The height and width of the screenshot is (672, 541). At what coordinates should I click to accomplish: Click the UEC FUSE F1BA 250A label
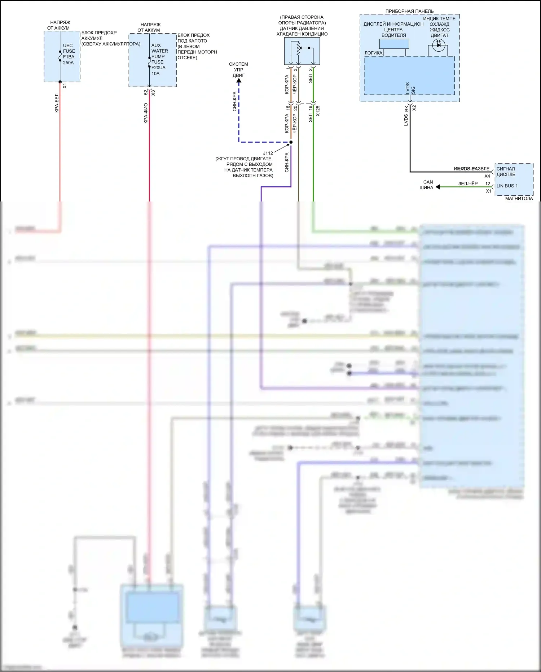point(69,54)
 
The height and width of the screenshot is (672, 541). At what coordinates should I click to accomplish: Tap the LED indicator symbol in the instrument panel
point(439,45)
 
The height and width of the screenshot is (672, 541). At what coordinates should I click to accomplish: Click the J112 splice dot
point(291,142)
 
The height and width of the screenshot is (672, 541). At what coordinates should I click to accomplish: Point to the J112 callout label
point(268,153)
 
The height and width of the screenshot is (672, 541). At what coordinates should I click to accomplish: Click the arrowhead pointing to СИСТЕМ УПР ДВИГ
point(239,81)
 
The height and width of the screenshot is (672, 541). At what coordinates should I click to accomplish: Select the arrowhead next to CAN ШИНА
point(438,187)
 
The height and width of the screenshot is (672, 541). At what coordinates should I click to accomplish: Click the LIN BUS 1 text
point(507,186)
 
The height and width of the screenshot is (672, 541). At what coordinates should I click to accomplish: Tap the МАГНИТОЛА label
point(519,198)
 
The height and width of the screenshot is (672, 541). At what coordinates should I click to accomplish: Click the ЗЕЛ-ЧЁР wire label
point(468,184)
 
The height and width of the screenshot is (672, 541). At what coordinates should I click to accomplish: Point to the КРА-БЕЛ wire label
point(57,103)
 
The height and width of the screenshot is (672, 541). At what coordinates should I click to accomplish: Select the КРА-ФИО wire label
point(146,113)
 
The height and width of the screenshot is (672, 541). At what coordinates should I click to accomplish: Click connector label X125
point(318,111)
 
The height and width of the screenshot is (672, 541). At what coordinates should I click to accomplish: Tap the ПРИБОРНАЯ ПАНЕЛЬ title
point(409,11)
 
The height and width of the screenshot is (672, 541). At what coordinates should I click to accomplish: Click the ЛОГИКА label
point(373,53)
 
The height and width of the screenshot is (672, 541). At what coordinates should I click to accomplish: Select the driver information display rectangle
point(394,44)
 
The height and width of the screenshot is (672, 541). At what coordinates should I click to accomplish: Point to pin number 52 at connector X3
point(146,93)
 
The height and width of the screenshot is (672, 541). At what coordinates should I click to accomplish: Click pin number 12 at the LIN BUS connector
point(487,184)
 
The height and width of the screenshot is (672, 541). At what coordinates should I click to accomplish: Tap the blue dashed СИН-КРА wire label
point(234,101)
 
